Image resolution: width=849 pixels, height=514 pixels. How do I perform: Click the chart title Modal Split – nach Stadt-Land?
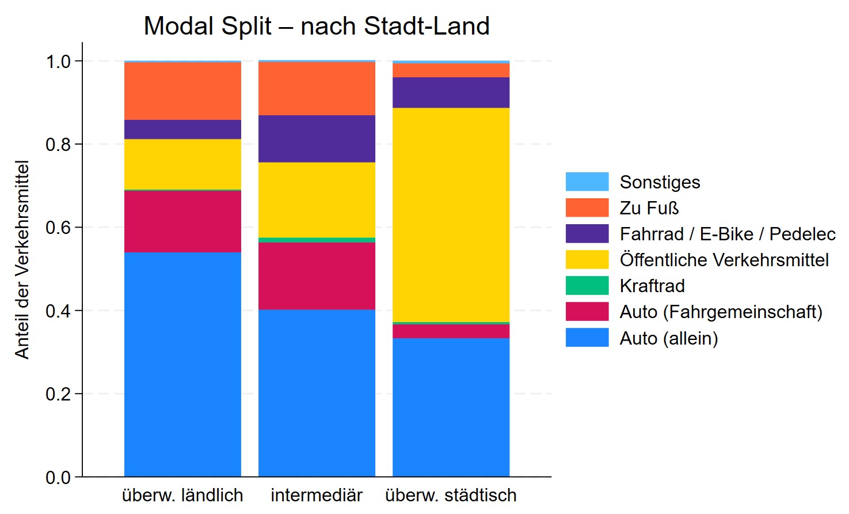pos(317,26)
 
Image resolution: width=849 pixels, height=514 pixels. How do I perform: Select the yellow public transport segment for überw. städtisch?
pos(451,214)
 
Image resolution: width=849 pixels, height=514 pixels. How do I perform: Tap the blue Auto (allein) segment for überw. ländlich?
pos(182,364)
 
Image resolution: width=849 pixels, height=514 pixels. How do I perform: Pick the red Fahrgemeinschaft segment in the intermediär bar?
pos(317,275)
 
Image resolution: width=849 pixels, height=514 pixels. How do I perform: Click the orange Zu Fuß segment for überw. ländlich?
pos(182,90)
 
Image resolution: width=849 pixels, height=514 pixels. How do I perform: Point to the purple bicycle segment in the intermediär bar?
pos(317,138)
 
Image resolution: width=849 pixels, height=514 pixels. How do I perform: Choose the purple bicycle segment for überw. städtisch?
pos(451,92)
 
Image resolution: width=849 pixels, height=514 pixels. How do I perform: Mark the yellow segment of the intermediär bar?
pos(317,199)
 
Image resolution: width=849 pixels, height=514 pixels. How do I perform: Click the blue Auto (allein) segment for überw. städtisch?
pos(451,407)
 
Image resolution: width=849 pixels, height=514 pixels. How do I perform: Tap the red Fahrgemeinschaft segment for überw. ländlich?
pos(182,221)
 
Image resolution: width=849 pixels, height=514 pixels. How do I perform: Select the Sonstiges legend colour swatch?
pos(587,182)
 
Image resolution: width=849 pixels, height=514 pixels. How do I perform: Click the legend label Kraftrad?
pos(652,286)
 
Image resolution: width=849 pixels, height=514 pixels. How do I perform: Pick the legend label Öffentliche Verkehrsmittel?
pos(724,260)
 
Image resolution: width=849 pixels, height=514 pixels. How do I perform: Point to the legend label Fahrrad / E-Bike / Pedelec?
pos(728,234)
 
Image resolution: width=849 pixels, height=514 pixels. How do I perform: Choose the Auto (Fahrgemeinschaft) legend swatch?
pos(587,312)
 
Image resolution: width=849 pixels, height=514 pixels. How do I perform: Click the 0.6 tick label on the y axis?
pos(58,228)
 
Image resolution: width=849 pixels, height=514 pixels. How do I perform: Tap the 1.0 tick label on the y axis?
pos(58,61)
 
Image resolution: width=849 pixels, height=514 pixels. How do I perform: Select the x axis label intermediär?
pos(317,495)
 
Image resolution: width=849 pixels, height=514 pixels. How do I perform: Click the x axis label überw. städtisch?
pos(451,495)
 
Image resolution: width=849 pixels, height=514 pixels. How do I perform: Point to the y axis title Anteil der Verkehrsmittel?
pos(22,259)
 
